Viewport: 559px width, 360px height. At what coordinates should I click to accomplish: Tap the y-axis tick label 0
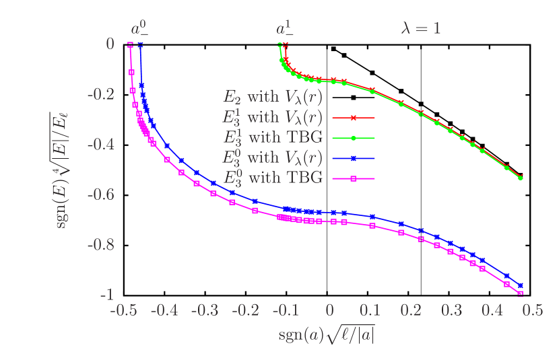(x=110, y=43)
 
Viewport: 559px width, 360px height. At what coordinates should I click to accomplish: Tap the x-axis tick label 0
(x=330, y=311)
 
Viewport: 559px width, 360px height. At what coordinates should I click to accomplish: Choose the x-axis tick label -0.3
(x=205, y=311)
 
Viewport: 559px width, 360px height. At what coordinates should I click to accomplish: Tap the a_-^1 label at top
(x=285, y=28)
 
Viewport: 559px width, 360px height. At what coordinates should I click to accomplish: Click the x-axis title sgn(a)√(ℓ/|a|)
(x=326, y=334)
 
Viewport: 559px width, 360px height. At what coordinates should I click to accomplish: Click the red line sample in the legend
(x=353, y=118)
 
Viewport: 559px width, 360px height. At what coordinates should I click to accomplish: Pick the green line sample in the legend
(x=353, y=138)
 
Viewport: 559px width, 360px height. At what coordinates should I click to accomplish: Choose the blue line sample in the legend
(x=353, y=158)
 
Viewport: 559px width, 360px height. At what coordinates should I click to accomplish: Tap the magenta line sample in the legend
(x=353, y=178)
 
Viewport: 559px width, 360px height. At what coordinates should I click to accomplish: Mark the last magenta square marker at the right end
(x=520, y=293)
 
